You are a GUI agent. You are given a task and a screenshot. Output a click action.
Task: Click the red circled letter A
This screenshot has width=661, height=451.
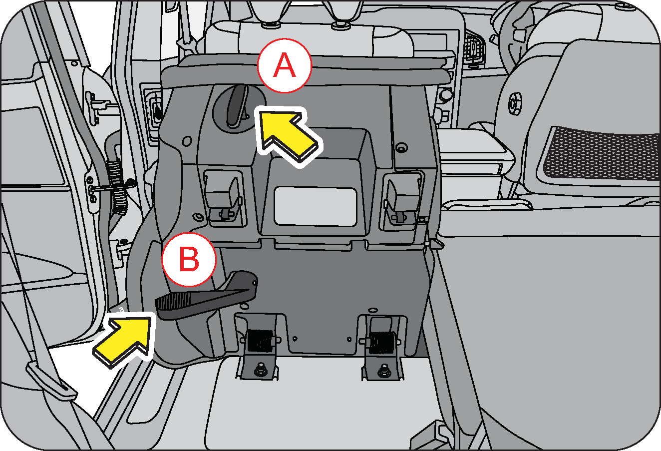pyautogui.click(x=285, y=65)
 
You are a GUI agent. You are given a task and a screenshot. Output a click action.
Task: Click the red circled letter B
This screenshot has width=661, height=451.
pyautogui.click(x=189, y=259)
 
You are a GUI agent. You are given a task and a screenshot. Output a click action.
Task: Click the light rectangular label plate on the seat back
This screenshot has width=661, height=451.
pyautogui.click(x=316, y=206)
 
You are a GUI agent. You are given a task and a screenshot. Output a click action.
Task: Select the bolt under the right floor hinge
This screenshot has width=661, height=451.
pyautogui.click(x=384, y=370)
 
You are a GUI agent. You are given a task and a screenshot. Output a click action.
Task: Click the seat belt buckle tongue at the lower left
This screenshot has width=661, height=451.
pyautogui.click(x=51, y=381)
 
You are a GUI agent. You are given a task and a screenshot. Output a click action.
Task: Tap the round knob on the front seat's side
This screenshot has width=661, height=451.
pyautogui.click(x=515, y=104)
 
